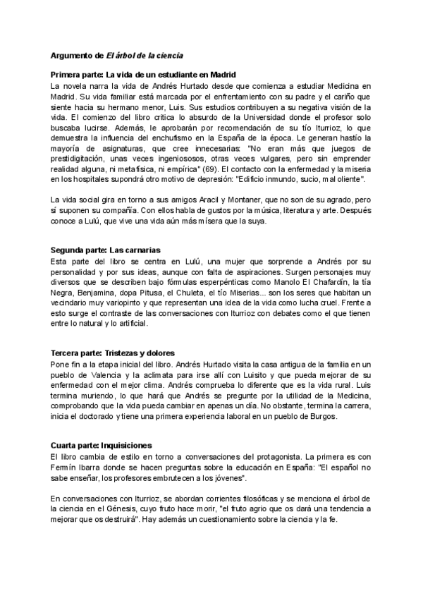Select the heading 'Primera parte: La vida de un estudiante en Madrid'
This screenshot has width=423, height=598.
143,75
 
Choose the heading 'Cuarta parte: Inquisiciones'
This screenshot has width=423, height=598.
102,446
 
